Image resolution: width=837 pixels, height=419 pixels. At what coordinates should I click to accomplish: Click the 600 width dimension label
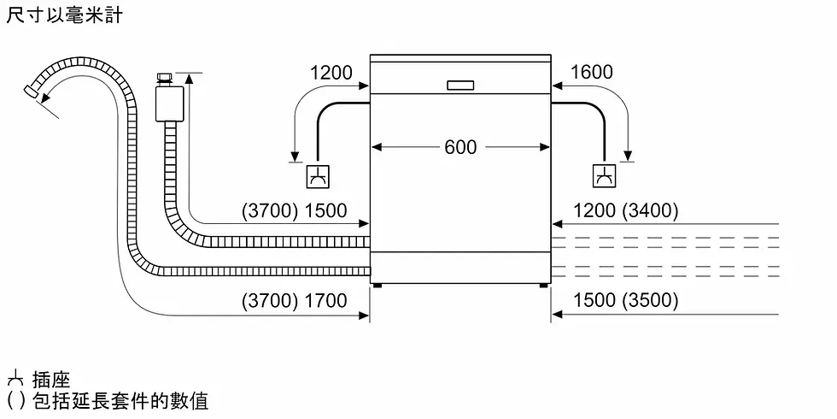tap(460, 147)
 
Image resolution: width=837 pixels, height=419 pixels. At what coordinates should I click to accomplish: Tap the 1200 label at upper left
tap(331, 73)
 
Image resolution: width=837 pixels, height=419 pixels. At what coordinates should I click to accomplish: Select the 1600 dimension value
tap(591, 73)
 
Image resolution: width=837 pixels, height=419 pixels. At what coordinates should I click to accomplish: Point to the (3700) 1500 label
tap(294, 210)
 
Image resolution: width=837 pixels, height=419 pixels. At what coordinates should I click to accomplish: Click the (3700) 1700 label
tap(294, 300)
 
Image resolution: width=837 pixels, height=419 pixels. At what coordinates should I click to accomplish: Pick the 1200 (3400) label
tap(625, 210)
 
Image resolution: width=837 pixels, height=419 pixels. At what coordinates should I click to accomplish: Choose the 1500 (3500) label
tap(625, 300)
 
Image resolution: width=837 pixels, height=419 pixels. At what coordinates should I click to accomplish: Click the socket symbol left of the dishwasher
tap(317, 177)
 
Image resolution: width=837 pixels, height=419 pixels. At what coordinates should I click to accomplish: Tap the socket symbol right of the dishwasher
tap(604, 177)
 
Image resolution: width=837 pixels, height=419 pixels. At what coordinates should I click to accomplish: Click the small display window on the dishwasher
tap(459, 84)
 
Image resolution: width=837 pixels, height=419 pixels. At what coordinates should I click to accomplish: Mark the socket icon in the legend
tap(14, 380)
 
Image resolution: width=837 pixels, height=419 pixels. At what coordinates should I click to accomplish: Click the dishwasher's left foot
tap(375, 286)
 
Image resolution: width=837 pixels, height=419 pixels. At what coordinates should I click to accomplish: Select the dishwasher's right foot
tap(543, 286)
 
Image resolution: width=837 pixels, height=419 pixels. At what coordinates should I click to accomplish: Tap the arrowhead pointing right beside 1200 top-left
tap(364, 86)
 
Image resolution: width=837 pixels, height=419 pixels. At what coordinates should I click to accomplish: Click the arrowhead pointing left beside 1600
tap(558, 86)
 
